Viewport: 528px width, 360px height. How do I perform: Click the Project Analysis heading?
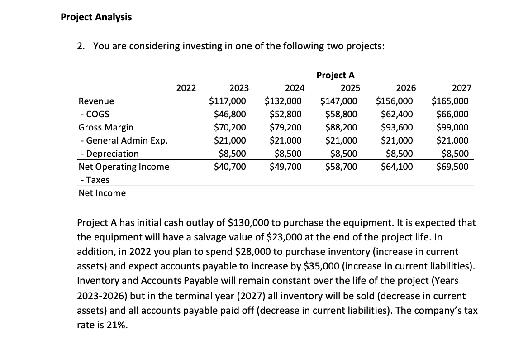tap(96, 17)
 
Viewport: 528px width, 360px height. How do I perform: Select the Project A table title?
tap(335, 75)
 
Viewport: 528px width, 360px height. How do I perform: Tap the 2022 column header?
tap(186, 88)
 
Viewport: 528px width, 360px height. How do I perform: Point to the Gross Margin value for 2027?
tap(453, 127)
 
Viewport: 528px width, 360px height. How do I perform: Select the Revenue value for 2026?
tap(394, 101)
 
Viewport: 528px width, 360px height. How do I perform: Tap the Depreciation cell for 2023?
tap(232, 154)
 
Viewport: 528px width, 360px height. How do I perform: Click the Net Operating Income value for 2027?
tap(452, 167)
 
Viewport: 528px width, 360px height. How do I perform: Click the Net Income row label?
tap(102, 193)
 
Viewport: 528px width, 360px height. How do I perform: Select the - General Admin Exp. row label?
tap(123, 140)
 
